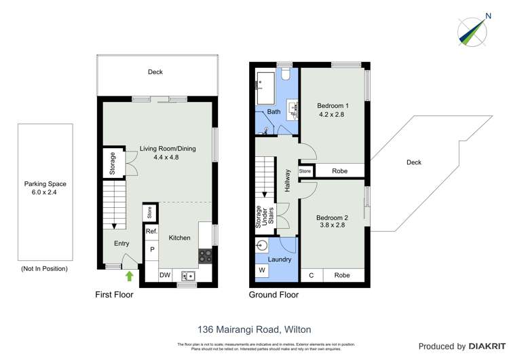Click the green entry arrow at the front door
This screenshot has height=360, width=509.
tap(129, 275)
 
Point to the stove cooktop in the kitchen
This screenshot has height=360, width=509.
tap(205, 256)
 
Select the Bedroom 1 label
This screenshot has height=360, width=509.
tap(333, 106)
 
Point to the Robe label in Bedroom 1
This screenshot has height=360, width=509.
tap(340, 171)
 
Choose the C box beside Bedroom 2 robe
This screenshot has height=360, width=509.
tap(312, 275)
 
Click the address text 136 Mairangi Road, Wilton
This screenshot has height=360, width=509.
tap(254, 329)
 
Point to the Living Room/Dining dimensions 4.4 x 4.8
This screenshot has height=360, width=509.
tap(158, 158)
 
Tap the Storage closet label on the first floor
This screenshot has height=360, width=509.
tap(113, 163)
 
